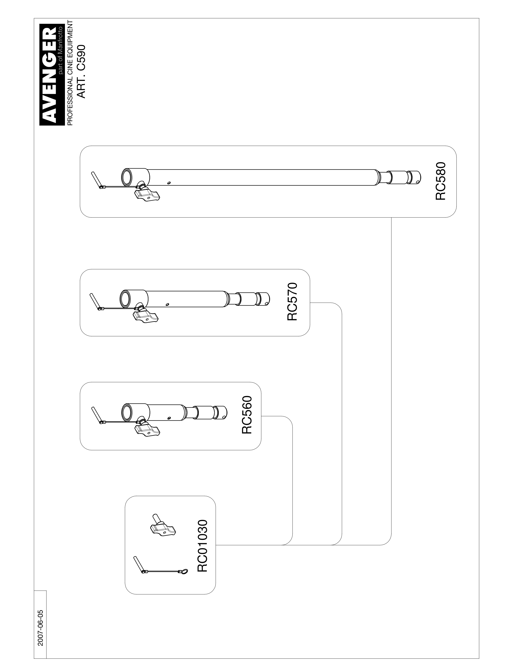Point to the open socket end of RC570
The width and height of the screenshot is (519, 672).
click(x=124, y=299)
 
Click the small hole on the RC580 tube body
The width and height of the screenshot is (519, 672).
click(x=169, y=183)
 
